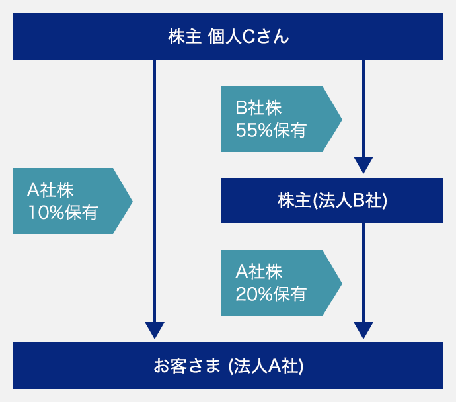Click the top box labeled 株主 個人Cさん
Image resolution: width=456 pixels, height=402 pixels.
tap(228, 36)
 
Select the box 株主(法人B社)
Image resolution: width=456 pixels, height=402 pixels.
tap(332, 201)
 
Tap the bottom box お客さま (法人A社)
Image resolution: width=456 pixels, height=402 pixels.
tap(228, 366)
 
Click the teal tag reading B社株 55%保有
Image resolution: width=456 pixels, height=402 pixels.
tap(282, 119)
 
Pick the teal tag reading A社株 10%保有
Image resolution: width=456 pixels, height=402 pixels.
tap(73, 201)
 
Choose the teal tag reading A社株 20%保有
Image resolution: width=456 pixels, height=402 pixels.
tap(282, 283)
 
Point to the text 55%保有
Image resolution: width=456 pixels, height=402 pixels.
tap(271, 130)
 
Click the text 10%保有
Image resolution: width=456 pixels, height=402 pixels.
tap(63, 212)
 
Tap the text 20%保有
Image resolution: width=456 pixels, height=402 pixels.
tap(271, 294)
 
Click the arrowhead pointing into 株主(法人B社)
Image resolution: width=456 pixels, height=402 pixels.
tap(363, 165)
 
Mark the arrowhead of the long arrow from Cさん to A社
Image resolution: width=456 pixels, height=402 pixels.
tap(155, 330)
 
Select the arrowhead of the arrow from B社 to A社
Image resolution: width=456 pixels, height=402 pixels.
tap(363, 330)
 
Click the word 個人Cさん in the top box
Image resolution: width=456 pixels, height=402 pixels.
tap(248, 36)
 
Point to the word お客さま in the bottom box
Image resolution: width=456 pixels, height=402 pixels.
tap(187, 366)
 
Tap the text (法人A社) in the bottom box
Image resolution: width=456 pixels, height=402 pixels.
tap(266, 366)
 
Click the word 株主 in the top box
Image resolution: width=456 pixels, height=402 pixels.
tap(184, 36)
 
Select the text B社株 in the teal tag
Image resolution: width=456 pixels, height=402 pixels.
tap(258, 108)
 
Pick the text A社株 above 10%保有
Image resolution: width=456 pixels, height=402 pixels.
tap(50, 190)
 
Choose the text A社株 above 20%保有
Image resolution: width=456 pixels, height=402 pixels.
tap(258, 272)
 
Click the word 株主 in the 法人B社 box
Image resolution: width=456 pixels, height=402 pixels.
tap(294, 201)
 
